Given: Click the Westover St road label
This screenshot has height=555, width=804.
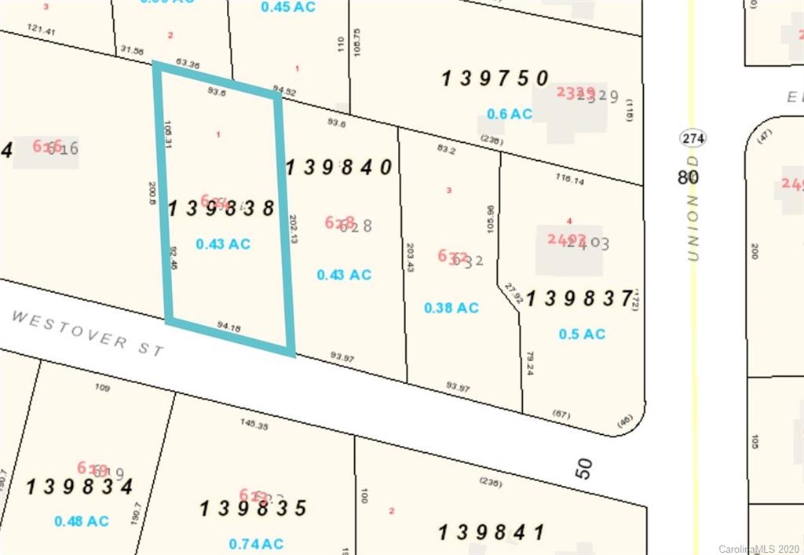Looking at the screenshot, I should [88, 333].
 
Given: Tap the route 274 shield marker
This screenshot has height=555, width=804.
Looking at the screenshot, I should [691, 139].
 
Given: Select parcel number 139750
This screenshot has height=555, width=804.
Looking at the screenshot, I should [495, 79].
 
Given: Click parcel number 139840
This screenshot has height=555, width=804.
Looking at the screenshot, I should [338, 167].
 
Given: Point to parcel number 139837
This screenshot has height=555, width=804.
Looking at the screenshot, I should [579, 299].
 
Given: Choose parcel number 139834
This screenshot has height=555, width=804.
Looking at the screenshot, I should [79, 487].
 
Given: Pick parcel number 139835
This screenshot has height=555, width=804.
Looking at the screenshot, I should [253, 509].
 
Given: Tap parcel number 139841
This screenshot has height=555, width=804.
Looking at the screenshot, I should [492, 533].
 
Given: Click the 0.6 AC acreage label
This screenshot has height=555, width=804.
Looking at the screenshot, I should [510, 115].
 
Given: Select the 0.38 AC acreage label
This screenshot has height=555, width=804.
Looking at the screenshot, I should [451, 309].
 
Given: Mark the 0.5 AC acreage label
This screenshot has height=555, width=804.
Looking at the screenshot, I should [582, 334].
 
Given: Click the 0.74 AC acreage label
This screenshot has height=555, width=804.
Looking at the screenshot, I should [256, 544].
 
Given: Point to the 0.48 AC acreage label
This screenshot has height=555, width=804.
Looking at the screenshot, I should [82, 521].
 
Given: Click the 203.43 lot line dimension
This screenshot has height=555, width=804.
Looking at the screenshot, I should [410, 257].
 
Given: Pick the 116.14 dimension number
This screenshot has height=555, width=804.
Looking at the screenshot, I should [571, 180].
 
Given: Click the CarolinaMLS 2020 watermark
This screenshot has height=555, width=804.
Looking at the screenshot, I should [758, 549].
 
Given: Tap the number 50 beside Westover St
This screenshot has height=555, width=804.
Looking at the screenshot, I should [583, 469].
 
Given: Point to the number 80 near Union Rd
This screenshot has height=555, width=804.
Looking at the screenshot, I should [688, 177].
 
